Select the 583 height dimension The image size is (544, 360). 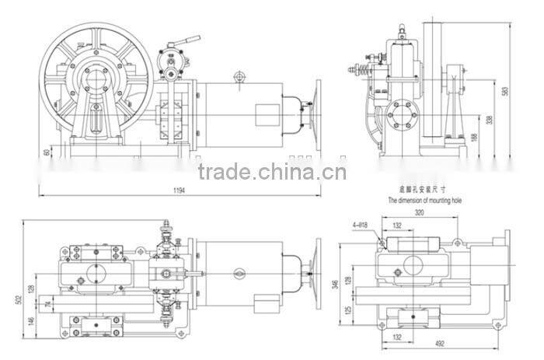[x=504, y=91]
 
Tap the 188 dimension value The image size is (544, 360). [x=475, y=138]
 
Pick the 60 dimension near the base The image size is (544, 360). [x=47, y=152]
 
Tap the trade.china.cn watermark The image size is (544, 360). [x=271, y=171]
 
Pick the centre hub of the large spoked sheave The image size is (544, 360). [x=97, y=78]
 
